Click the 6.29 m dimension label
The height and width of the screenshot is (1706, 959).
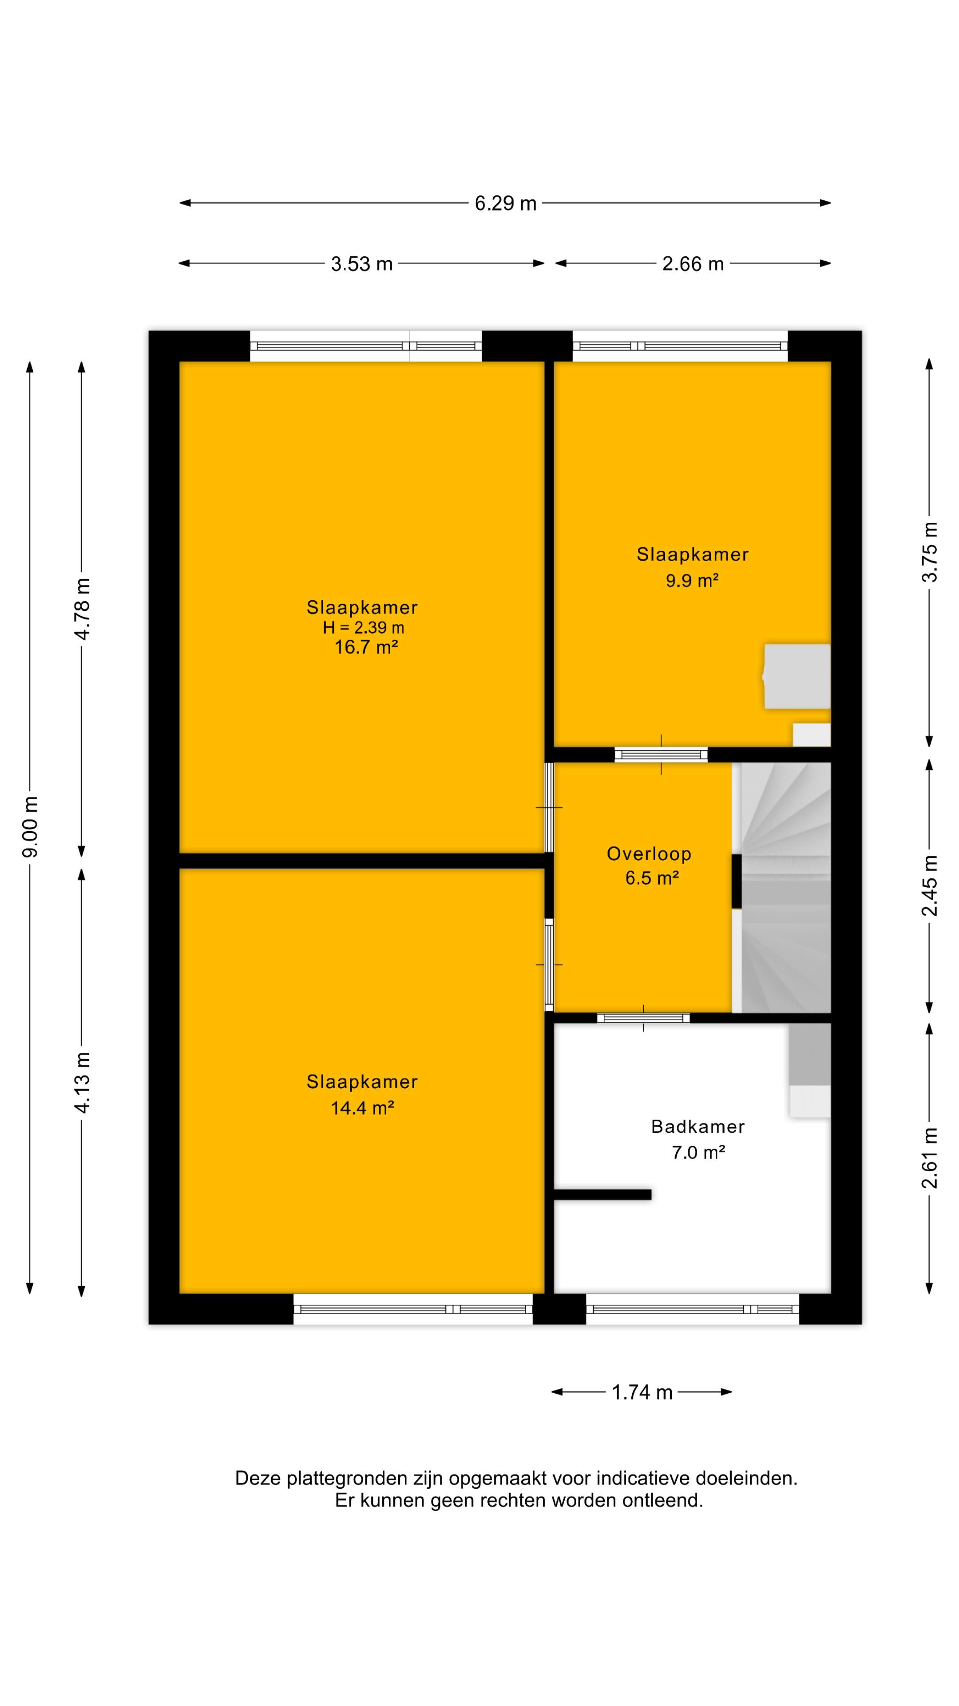tap(505, 203)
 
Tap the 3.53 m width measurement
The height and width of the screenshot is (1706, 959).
tap(361, 264)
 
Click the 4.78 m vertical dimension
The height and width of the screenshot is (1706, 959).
tap(83, 609)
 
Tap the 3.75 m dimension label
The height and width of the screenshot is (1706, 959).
tap(930, 552)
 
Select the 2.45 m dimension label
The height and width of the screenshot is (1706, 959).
tap(930, 885)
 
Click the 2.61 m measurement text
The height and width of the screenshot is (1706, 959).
tap(930, 1158)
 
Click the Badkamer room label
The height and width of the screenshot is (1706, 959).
tap(697, 1127)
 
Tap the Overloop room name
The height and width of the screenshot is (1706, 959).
tap(649, 854)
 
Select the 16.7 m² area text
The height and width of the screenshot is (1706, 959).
tap(365, 647)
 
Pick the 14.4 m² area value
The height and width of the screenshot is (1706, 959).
tap(363, 1108)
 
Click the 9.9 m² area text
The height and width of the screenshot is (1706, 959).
tap(692, 581)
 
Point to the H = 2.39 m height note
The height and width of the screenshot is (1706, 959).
tap(363, 628)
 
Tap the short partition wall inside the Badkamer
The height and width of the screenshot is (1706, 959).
tap(602, 1195)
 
